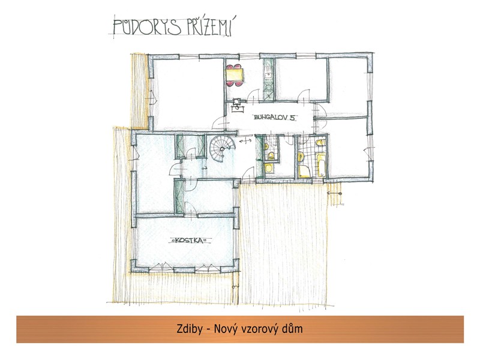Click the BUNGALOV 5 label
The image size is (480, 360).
(275, 117)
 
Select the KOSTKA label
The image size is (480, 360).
(190, 241)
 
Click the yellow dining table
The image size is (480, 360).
(235, 75)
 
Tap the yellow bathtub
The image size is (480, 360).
(321, 165)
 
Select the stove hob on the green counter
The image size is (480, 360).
(268, 88)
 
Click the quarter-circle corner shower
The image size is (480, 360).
(304, 172)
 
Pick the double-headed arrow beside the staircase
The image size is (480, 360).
(245, 141)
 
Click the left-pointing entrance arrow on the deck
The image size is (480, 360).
(334, 193)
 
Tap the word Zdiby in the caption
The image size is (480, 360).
(190, 329)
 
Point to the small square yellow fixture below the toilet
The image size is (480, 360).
(269, 168)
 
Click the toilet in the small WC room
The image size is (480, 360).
(271, 156)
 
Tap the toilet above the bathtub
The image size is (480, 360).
(320, 143)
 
